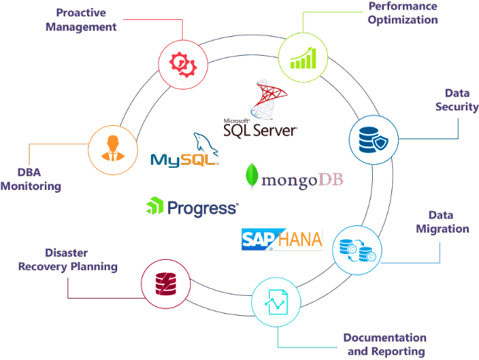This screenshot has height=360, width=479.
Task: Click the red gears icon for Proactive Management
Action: point(183,64)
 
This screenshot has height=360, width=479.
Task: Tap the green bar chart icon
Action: point(303,58)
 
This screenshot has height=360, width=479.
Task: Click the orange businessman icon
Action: point(113,148)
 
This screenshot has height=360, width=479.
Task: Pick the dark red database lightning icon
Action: point(166,283)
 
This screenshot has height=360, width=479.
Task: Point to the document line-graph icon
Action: point(276,302)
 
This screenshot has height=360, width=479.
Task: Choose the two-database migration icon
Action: point(357,250)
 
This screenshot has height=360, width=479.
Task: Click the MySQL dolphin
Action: point(206,143)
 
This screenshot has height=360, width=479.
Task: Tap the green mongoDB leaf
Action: point(252,176)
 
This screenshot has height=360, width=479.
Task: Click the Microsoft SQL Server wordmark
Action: point(260,128)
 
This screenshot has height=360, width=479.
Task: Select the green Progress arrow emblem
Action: point(155,205)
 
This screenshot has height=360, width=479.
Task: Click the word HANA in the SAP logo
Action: point(300,239)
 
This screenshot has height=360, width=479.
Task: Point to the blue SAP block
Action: point(259,239)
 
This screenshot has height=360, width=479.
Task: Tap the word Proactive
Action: point(81,13)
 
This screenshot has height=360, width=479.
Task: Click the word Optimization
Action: point(402,20)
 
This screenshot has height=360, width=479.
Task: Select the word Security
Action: point(457,107)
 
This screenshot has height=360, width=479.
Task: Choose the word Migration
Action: point(443,229)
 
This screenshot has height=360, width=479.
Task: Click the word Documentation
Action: point(385,338)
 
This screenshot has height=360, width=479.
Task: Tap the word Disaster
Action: point(66,253)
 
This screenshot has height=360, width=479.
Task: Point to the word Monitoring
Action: point(31,186)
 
